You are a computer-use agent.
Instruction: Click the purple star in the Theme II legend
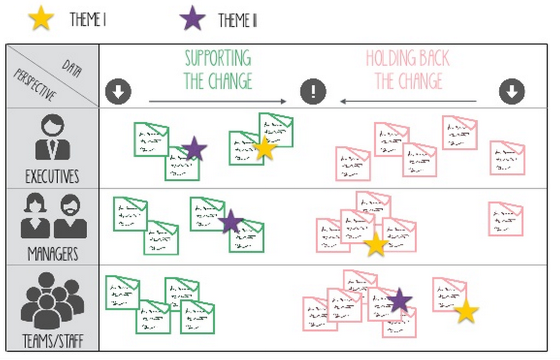(193, 19)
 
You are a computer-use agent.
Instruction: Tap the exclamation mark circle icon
(313, 91)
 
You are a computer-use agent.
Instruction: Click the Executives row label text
(52, 176)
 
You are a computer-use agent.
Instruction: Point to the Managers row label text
(53, 254)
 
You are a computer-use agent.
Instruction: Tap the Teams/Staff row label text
(53, 341)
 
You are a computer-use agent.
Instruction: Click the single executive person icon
(52, 137)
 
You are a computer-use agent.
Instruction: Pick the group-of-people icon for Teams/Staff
(52, 300)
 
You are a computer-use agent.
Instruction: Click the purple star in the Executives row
(194, 148)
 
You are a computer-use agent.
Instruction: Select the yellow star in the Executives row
(264, 148)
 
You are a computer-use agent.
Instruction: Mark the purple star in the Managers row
(230, 221)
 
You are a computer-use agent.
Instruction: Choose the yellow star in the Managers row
(376, 244)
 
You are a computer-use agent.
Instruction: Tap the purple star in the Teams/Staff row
(399, 301)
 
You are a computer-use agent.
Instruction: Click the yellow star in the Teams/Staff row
(466, 311)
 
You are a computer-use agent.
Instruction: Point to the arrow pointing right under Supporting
(218, 101)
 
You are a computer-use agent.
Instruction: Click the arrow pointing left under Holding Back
(408, 101)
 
